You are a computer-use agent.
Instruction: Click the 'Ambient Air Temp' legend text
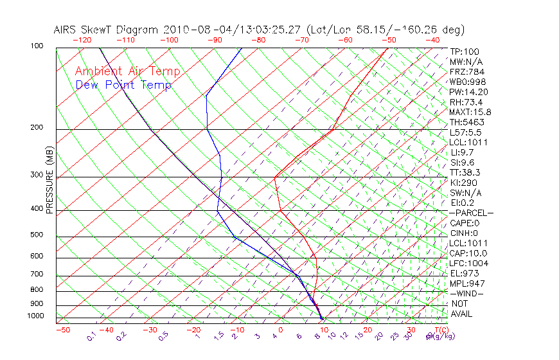pos(127,71)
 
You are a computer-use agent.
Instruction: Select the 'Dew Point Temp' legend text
pos(123,85)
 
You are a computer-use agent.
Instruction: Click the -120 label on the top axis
pos(82,39)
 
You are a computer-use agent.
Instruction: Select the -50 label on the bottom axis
pos(62,330)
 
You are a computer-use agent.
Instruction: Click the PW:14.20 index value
pos(466,92)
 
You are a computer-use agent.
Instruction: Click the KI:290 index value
pos(463,183)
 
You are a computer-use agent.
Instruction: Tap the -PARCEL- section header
pos(471,213)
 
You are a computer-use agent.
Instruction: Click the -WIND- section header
pos(466,293)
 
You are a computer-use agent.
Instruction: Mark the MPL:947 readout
pos(466,283)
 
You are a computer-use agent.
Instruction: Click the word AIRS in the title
pos(66,30)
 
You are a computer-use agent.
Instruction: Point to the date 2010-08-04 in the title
pos(193,30)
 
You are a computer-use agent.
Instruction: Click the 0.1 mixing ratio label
pos(91,336)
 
